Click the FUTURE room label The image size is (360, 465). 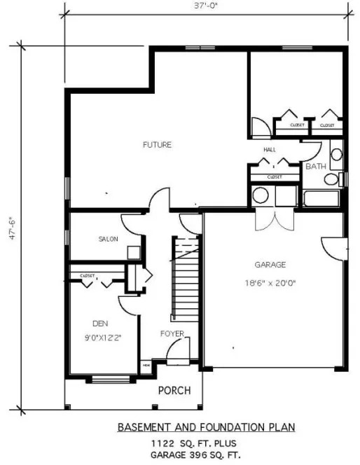[157, 145]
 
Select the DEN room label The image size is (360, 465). [99, 323]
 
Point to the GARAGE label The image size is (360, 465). [270, 265]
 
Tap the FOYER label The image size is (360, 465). [172, 333]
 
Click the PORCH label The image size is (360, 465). [172, 390]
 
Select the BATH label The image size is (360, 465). [316, 166]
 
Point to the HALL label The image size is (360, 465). [270, 150]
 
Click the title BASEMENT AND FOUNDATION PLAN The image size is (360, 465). [206, 426]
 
